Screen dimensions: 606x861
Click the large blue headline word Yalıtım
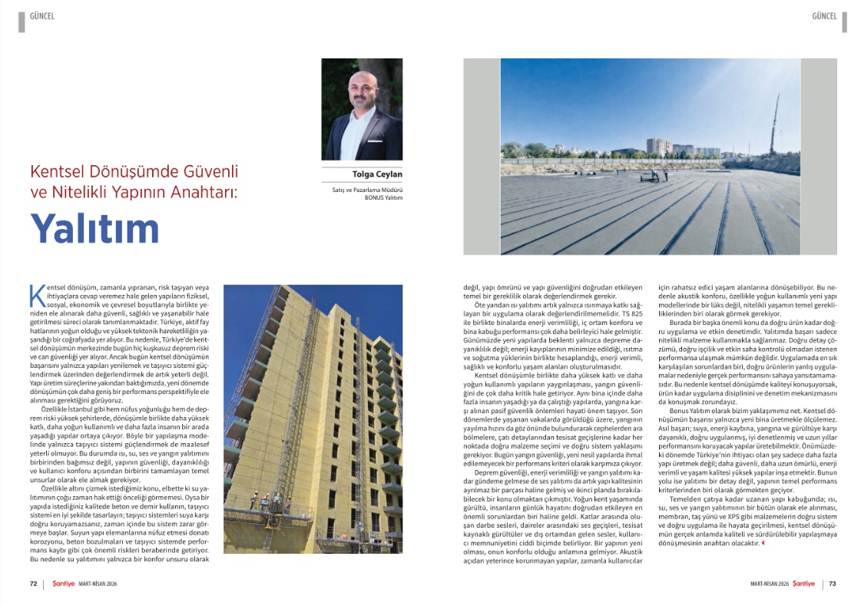(x=95, y=228)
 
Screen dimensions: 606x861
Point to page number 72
(x=34, y=584)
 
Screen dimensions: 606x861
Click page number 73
(x=832, y=584)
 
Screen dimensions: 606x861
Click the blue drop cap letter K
(x=35, y=296)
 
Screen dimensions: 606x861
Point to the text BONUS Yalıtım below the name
(x=385, y=197)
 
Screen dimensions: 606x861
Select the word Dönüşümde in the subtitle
(x=126, y=171)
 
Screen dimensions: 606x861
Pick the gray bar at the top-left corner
(x=21, y=22)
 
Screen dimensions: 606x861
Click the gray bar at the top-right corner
(x=844, y=22)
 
